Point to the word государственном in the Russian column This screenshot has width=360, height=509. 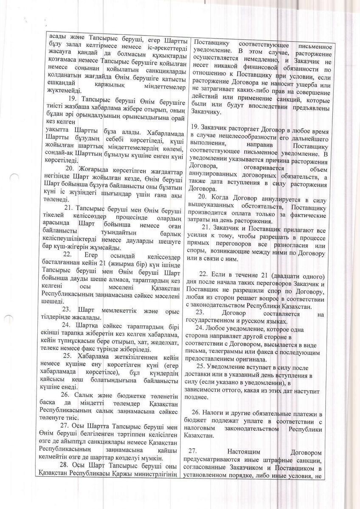(209, 322)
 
